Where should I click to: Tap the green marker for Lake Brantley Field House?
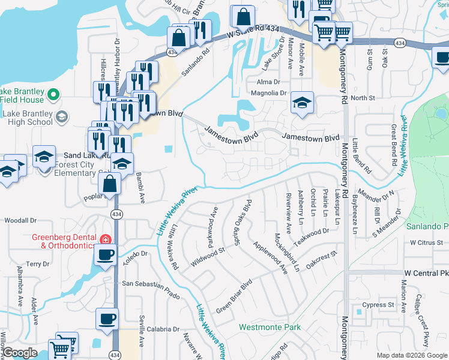tap(52, 94)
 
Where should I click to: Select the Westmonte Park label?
tap(270, 328)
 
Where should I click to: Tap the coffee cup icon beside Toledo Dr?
tap(106, 254)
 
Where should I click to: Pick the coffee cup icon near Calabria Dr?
tap(107, 318)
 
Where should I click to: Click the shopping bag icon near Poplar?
tap(110, 184)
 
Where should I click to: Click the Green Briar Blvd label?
tap(234, 295)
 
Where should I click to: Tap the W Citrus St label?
tap(426, 243)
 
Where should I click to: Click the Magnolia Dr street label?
tap(269, 93)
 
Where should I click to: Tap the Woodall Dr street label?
tap(17, 221)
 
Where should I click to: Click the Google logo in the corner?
tap(20, 353)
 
